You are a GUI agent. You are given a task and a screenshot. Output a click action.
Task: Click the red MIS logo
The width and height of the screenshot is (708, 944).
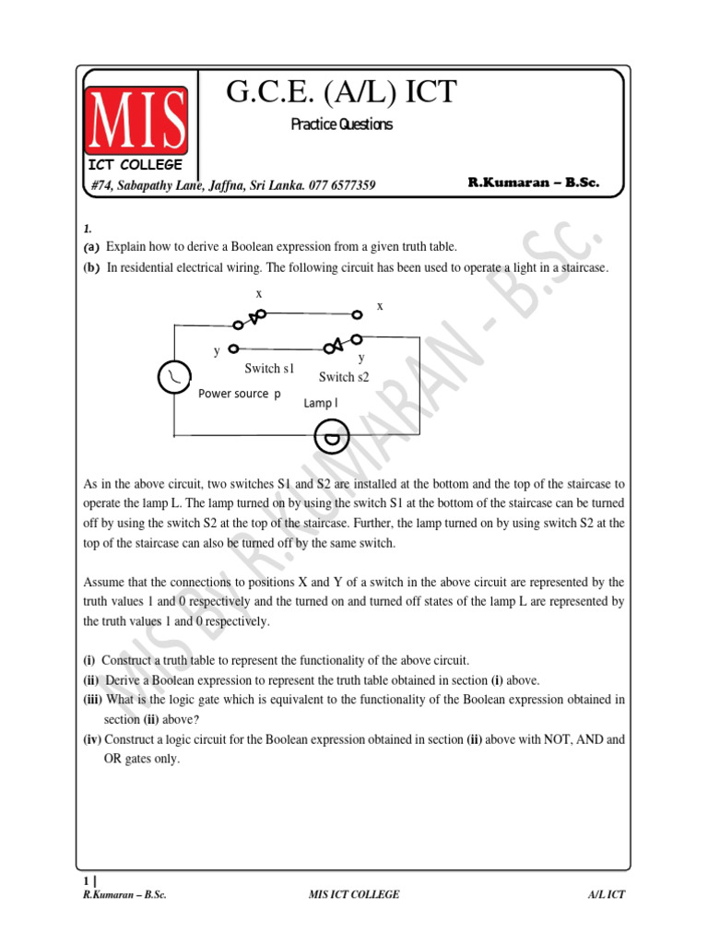pos(136,120)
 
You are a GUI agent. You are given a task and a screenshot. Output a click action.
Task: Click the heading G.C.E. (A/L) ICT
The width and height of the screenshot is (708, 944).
pos(341,92)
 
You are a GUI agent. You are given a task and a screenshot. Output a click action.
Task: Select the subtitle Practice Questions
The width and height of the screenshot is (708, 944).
pos(341,124)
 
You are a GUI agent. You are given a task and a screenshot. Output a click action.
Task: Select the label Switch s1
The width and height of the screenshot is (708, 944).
pos(269,369)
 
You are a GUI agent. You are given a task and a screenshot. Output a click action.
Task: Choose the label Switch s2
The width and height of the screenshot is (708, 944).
pos(344,377)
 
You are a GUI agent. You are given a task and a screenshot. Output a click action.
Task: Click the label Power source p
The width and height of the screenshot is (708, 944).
pos(240,394)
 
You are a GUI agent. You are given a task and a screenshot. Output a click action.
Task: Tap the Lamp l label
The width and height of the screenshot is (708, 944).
pos(321,403)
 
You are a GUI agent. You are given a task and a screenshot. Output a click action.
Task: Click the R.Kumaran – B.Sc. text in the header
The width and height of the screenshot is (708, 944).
pos(534,183)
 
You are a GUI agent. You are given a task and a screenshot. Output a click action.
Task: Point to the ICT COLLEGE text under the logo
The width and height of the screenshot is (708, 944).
pos(136,165)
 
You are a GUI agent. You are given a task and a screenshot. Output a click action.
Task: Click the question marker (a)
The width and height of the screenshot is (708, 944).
pos(90,247)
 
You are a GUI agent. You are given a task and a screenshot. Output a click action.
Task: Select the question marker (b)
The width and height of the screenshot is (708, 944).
pos(90,267)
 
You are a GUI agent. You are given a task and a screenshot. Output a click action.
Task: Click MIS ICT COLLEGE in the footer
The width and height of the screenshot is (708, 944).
pos(354,895)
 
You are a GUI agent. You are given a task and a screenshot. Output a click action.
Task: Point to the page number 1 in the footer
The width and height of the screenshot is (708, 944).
pos(86,880)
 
